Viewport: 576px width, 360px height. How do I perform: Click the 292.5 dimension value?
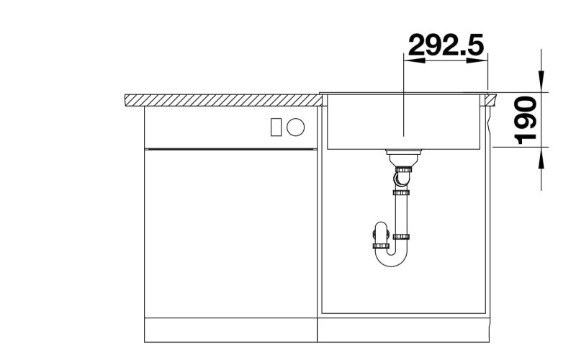click(446, 45)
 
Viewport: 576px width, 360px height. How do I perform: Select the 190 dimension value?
click(526, 121)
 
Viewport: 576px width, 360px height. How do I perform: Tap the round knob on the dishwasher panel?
click(296, 127)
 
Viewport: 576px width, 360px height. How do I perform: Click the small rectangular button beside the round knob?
click(276, 127)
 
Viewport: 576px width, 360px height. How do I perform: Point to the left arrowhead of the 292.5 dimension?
click(414, 60)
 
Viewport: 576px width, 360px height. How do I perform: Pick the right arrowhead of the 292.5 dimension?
click(477, 60)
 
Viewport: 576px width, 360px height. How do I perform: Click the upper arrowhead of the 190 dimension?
click(541, 81)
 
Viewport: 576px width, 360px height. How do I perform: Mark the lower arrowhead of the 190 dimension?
click(541, 158)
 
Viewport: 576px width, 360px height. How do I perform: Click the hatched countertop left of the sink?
click(223, 100)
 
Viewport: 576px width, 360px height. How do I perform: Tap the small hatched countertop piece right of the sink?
click(490, 100)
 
